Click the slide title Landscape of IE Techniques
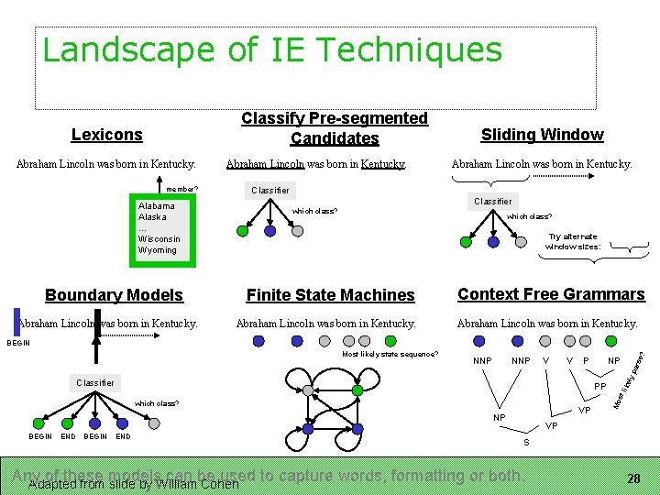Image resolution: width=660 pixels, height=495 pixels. [x=272, y=49]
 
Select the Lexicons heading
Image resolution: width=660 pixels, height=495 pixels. [x=107, y=135]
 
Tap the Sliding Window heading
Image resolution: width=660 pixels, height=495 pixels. [x=542, y=135]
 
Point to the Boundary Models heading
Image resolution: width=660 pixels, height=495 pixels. [x=114, y=295]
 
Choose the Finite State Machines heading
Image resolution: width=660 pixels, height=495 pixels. [x=330, y=295]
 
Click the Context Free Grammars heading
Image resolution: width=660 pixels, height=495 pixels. [x=551, y=294]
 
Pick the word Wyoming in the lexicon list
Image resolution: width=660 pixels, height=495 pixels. [x=158, y=250]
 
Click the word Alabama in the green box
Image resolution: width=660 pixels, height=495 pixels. [x=156, y=206]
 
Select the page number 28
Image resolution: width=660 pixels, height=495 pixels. [x=632, y=478]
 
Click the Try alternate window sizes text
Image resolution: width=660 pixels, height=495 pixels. [x=573, y=241]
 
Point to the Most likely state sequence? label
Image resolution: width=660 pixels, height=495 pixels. [x=390, y=354]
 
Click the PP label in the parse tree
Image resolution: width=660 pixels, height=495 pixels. [x=600, y=388]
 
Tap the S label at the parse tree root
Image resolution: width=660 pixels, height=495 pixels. [x=525, y=444]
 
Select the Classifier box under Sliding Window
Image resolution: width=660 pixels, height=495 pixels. [x=492, y=201]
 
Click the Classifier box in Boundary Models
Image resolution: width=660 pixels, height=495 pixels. [x=95, y=382]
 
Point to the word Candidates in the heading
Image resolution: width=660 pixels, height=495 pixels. [x=335, y=138]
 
